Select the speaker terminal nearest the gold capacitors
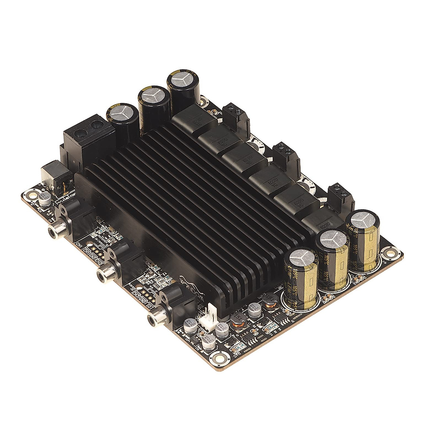click(x=340, y=198)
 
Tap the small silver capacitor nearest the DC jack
click(x=44, y=201)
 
